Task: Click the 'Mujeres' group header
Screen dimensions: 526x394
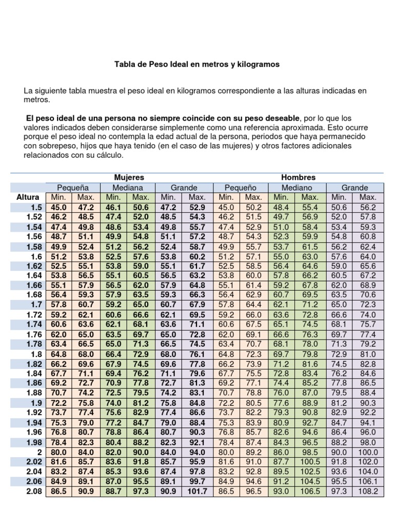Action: pyautogui.click(x=129, y=177)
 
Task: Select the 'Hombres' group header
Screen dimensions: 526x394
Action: pyautogui.click(x=298, y=177)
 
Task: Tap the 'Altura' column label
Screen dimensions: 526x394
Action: pyautogui.click(x=28, y=197)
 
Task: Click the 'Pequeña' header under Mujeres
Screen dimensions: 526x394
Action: pyautogui.click(x=72, y=187)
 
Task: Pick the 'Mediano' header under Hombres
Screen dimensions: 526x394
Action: pyautogui.click(x=297, y=187)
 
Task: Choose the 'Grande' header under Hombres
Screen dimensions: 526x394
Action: pyautogui.click(x=354, y=187)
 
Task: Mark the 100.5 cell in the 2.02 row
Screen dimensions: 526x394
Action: pyautogui.click(x=310, y=461)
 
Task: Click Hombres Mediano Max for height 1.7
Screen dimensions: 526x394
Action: pyautogui.click(x=310, y=305)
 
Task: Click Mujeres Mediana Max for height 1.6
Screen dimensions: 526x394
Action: pyautogui.click(x=141, y=256)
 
